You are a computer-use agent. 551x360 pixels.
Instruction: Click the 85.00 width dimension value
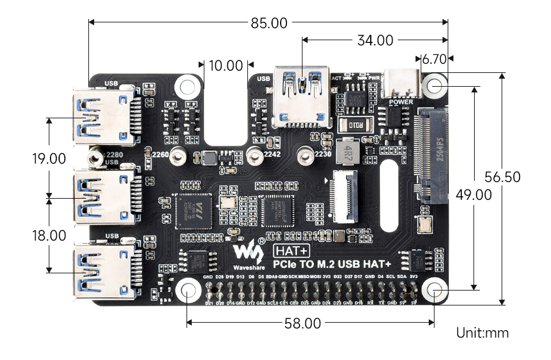coord(269,23)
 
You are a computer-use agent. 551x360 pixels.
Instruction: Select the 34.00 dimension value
coord(375,41)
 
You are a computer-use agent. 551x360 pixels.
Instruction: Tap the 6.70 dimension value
coord(434,59)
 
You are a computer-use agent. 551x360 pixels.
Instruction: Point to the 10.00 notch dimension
coord(226,65)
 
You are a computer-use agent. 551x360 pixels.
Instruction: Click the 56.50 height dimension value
coord(502,177)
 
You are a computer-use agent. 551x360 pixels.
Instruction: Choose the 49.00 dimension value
coord(474,195)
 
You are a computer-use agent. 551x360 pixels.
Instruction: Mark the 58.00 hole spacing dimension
coord(302,323)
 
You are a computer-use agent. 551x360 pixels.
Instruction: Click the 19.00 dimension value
coord(49,158)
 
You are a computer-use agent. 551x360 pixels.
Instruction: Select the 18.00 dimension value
coord(49,235)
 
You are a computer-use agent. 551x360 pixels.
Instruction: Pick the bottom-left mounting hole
coord(188,291)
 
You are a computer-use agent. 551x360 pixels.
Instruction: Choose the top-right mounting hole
coord(434,86)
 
